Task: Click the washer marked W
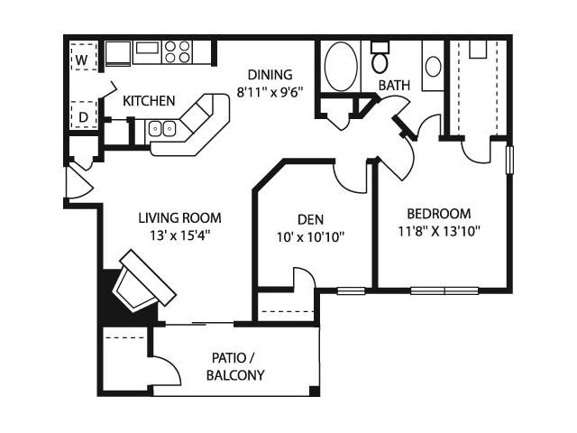click(x=84, y=57)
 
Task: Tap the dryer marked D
click(x=84, y=115)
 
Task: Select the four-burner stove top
click(x=178, y=52)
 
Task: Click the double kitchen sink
click(x=162, y=128)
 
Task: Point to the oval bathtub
click(x=341, y=66)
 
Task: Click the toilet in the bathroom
click(x=380, y=58)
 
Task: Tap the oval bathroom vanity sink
click(x=434, y=66)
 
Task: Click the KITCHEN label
click(x=149, y=101)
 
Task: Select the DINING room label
click(x=270, y=75)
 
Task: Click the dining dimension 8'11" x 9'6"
click(x=270, y=92)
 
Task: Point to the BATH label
click(x=394, y=86)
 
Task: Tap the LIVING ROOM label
click(x=180, y=218)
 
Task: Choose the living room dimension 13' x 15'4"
click(x=180, y=235)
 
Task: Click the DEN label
click(x=310, y=220)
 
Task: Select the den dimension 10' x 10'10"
click(x=310, y=237)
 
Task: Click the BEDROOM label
click(x=439, y=214)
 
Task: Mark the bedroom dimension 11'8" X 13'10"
click(x=439, y=231)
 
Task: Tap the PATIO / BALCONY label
click(x=235, y=366)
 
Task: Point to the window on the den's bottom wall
click(x=352, y=290)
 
